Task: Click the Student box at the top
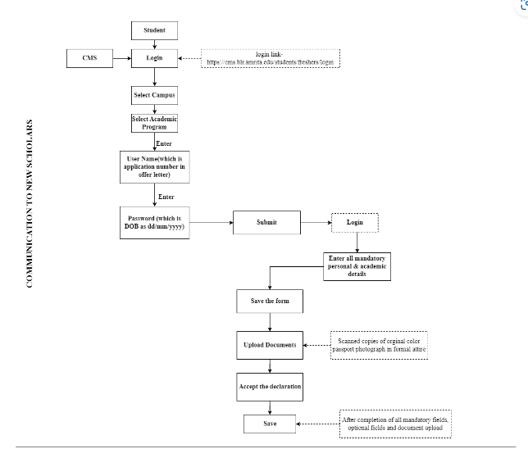click(154, 30)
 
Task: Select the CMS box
click(89, 58)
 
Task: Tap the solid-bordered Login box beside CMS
click(154, 58)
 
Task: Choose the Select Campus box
click(154, 95)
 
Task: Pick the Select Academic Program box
click(154, 123)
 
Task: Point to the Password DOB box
click(154, 223)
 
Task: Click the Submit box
click(266, 223)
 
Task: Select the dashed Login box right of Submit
click(354, 223)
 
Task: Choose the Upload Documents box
click(270, 345)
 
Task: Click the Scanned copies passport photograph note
click(379, 345)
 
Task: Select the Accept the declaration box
click(270, 385)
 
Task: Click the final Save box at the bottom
click(270, 424)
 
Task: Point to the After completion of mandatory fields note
click(395, 424)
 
